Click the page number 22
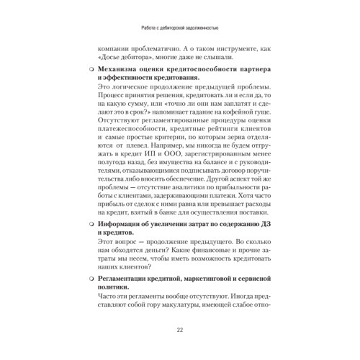click(179, 330)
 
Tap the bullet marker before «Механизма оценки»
click(90, 70)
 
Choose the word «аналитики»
click(182, 202)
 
